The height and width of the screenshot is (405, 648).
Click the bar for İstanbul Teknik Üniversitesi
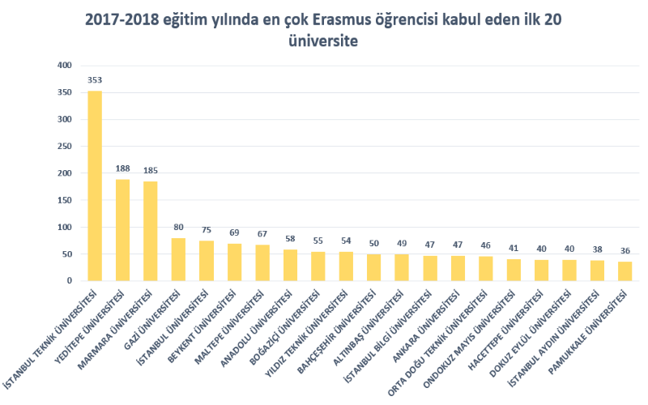point(95,185)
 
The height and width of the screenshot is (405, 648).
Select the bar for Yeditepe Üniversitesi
point(122,230)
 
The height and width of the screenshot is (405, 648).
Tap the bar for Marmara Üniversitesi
point(151,231)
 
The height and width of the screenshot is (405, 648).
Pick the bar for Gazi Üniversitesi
point(178,259)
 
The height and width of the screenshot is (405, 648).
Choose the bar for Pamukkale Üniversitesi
point(625,271)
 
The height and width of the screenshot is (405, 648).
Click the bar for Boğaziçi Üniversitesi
point(318,266)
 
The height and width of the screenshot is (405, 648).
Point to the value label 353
point(95,80)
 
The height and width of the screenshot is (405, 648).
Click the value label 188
point(122,169)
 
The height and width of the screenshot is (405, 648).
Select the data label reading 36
point(625,251)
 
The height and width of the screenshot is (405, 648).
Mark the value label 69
point(234,233)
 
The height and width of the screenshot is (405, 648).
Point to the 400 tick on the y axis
point(65,65)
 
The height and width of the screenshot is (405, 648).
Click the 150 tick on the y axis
point(65,200)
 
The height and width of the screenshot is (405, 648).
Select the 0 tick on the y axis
point(70,281)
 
